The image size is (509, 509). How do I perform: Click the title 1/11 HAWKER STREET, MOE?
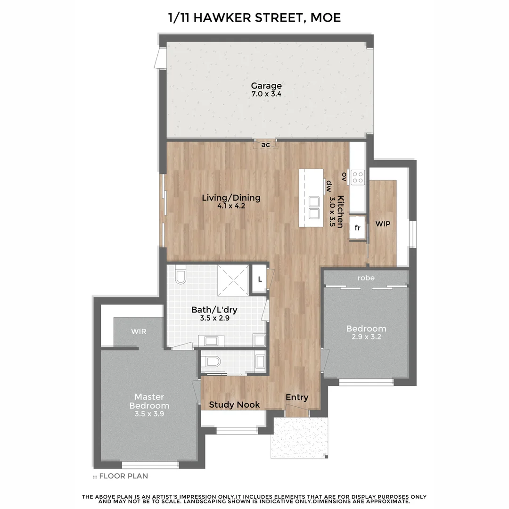[254, 18]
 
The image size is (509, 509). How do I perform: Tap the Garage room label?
[266, 86]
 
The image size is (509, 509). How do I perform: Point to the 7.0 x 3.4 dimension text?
[266, 94]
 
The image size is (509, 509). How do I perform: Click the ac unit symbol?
[266, 145]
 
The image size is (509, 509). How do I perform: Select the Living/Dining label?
[231, 198]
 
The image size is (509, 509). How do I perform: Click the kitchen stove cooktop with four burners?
[358, 177]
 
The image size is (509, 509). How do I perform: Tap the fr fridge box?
[357, 228]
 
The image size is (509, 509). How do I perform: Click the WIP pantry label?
[383, 224]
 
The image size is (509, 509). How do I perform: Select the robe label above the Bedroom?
[366, 278]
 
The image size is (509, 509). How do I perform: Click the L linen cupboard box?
[260, 279]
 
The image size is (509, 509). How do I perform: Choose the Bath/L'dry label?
[214, 310]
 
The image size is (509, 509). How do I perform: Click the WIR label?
[139, 331]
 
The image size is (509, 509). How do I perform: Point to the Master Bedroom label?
[149, 401]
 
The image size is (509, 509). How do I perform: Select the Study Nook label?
[234, 404]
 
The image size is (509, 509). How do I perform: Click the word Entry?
[297, 397]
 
